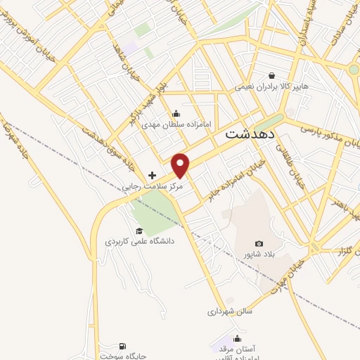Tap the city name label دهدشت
pos(251,133)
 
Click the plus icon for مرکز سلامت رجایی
pos(152,174)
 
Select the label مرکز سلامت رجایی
pos(153,187)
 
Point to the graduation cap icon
pos(139,231)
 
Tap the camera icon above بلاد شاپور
pos(259,243)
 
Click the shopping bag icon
pos(271,76)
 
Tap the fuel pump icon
pos(123,345)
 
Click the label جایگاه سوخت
pos(123,356)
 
